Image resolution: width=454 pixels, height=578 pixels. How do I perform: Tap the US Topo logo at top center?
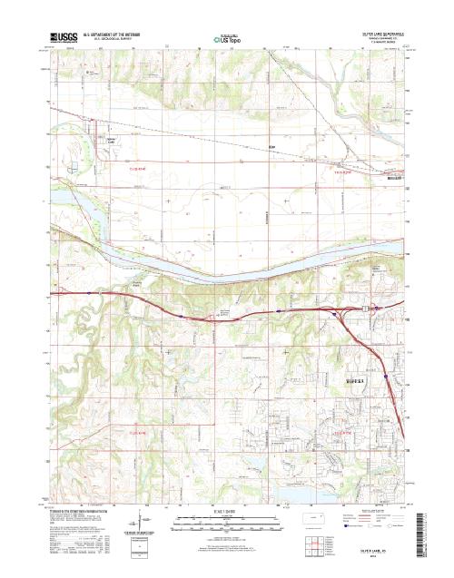(226, 38)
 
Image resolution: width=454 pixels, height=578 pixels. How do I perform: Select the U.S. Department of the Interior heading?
(118, 34)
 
